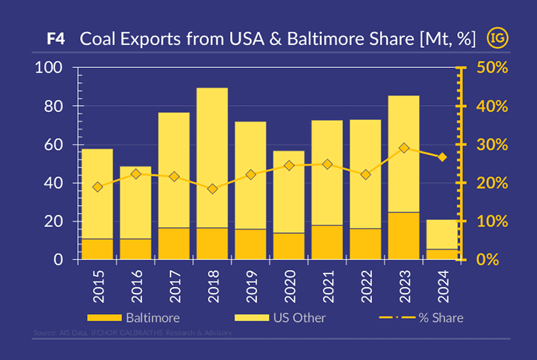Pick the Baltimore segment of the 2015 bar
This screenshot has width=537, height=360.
coord(97,249)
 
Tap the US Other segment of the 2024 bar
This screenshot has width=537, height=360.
coord(442,234)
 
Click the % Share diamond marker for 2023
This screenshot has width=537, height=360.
coord(404,148)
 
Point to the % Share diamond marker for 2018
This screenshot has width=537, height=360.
coord(212,189)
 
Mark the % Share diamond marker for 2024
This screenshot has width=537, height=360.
coord(442,157)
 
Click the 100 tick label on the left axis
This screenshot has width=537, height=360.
coord(49,68)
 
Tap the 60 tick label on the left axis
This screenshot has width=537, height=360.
coord(56,145)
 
